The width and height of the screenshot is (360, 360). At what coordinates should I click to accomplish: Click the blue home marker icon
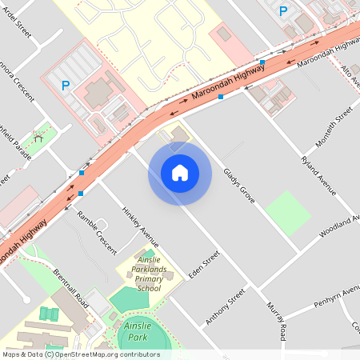[180, 173]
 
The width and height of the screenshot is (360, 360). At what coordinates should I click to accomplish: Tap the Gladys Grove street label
[238, 185]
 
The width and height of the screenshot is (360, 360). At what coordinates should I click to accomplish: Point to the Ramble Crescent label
[97, 232]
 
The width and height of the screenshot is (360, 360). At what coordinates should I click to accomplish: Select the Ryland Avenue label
[318, 177]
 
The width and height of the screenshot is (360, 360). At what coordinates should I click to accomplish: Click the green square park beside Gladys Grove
[287, 213]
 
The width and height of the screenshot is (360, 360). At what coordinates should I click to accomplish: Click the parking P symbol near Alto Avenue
[282, 10]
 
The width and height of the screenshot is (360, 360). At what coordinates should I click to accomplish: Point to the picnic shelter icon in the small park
[38, 138]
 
